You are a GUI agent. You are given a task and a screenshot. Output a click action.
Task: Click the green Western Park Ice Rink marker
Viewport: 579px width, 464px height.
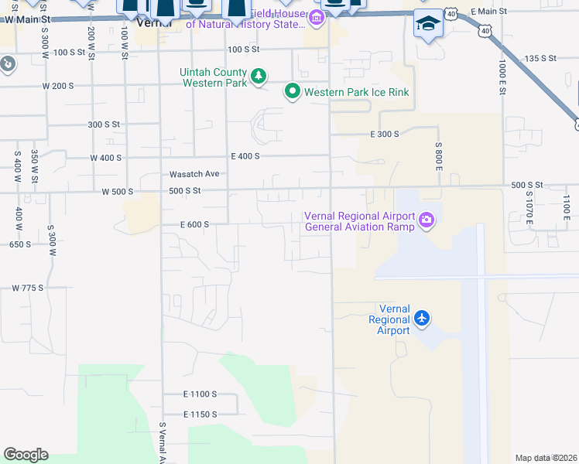[293, 92]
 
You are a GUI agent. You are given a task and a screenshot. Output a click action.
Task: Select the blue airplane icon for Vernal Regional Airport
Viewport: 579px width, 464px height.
[422, 318]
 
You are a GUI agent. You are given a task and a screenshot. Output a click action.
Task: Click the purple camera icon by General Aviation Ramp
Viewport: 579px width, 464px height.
[426, 222]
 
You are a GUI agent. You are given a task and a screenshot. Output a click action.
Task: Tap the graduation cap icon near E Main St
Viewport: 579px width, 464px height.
[427, 25]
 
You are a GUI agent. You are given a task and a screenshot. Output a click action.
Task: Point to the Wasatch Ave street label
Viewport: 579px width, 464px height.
[183, 174]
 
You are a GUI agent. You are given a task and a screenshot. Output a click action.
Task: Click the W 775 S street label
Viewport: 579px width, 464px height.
[27, 288]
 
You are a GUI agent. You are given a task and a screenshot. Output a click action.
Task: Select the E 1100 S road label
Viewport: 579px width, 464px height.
[200, 394]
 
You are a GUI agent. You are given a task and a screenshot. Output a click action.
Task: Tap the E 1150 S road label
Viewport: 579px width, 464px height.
[200, 415]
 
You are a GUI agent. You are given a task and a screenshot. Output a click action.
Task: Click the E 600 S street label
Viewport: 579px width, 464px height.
[194, 224]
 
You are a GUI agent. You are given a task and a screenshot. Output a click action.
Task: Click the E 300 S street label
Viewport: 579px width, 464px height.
[384, 134]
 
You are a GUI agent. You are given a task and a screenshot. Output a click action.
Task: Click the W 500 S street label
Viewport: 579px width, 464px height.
[117, 191]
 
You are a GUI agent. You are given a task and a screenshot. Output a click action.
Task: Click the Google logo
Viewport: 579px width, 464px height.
[26, 455]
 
